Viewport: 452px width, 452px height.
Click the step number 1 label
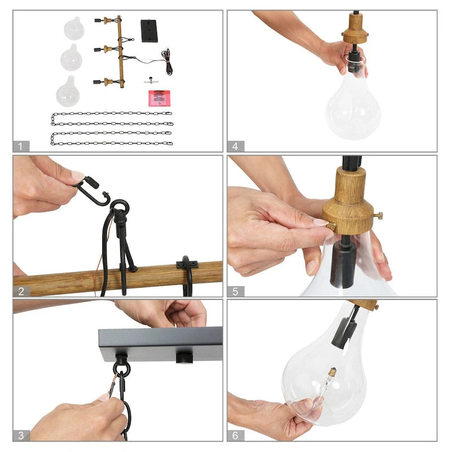(x=20, y=146)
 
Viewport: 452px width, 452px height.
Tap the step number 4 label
(x=235, y=146)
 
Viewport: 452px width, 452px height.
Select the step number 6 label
(x=235, y=435)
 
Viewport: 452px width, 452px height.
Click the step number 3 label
(x=21, y=435)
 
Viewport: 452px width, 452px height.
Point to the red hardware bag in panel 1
(x=159, y=98)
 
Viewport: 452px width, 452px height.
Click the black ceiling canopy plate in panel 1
(x=149, y=31)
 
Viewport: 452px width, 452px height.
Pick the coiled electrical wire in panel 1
(x=167, y=62)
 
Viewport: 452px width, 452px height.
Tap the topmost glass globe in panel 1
(x=74, y=28)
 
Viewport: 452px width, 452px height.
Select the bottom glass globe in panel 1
(x=68, y=92)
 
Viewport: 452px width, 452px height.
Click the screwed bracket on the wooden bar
(x=187, y=264)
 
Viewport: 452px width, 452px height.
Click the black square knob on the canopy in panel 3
(x=184, y=358)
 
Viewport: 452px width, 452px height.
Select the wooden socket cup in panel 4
(x=355, y=29)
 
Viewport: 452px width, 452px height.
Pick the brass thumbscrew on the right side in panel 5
(x=378, y=215)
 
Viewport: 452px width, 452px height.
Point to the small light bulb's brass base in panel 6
(x=332, y=372)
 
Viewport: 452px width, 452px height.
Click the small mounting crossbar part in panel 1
(x=151, y=81)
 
